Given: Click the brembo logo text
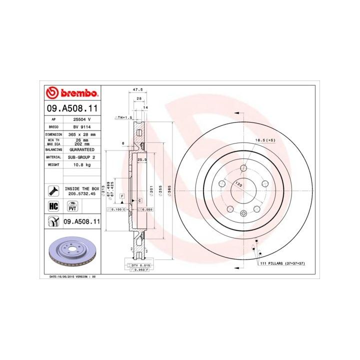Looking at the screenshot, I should pos(76,93).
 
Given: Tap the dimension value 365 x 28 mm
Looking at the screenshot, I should pos(80,135).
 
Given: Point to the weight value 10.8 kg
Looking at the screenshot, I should pos(81,164).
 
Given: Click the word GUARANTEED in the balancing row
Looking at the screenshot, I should pos(81,149).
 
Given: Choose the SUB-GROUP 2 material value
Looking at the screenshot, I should pos(81,156).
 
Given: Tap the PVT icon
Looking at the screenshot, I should pos(71,206).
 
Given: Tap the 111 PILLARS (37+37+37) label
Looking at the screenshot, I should pos(281,262).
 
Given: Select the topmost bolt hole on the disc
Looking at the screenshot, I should pos(243,168).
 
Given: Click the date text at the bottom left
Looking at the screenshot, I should pos(72,276).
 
